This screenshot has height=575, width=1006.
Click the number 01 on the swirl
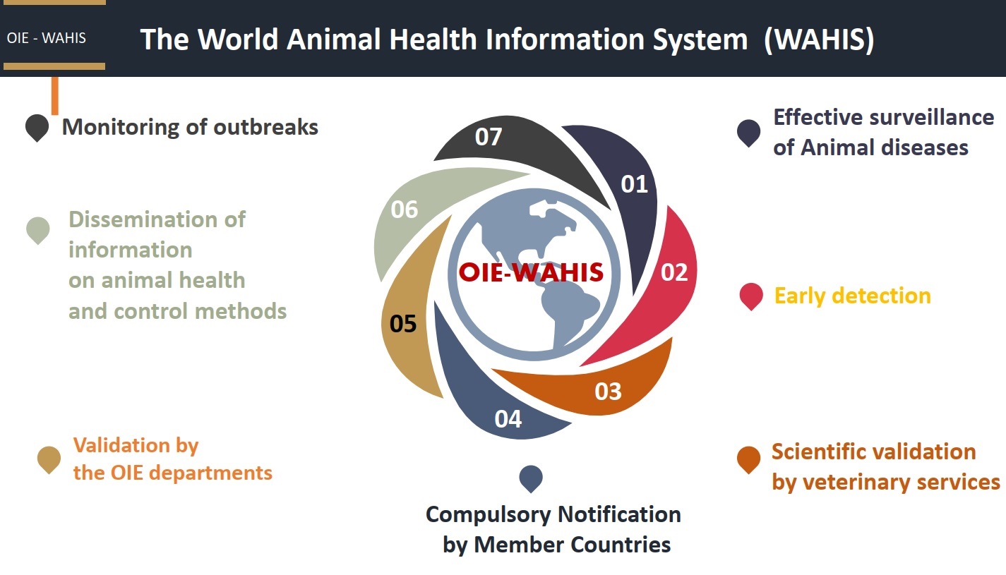point(634,184)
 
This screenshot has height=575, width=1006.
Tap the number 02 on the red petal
point(673,272)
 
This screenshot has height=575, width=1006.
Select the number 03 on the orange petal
point(608,391)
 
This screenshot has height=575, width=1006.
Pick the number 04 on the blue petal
point(508,419)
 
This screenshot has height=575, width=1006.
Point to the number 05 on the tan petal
point(403,324)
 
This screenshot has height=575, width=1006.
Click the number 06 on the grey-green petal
point(404,210)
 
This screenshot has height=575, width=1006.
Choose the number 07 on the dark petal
point(488,136)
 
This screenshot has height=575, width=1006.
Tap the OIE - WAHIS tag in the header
point(46,38)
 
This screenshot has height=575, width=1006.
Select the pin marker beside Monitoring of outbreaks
point(37,127)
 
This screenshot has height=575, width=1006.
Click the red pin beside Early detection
point(751,296)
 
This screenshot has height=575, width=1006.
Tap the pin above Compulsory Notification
point(531,478)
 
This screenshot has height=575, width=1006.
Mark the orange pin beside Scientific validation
point(748,459)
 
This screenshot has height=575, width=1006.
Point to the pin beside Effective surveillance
point(748,132)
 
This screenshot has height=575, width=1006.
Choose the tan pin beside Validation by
point(49,459)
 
